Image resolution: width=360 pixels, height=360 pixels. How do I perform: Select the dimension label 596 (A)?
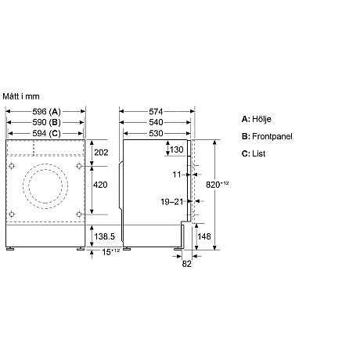click(x=45, y=112)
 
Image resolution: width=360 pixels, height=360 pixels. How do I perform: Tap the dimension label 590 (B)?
click(x=45, y=122)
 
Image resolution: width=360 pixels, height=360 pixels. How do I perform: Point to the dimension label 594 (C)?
click(x=45, y=133)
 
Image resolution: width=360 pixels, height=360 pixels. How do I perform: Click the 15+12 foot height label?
click(x=110, y=251)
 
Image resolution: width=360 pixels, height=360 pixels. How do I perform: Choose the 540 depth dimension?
click(x=157, y=122)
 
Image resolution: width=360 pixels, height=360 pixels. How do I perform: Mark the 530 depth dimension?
click(x=157, y=133)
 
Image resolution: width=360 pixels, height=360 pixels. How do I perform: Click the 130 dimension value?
click(x=176, y=149)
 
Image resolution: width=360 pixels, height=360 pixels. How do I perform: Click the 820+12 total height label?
click(x=222, y=184)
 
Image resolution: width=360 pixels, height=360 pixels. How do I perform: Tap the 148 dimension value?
click(x=203, y=236)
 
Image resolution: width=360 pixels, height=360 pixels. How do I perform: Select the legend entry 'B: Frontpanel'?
click(x=267, y=136)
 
